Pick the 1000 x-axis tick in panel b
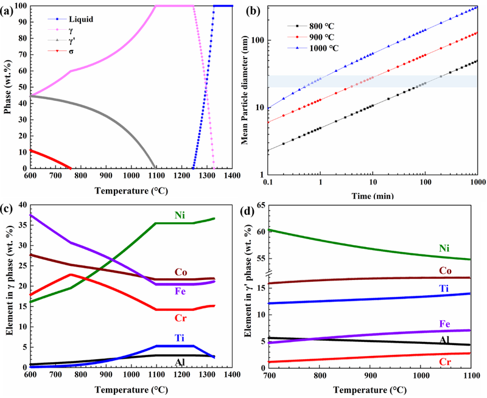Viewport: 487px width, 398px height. (476, 182)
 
